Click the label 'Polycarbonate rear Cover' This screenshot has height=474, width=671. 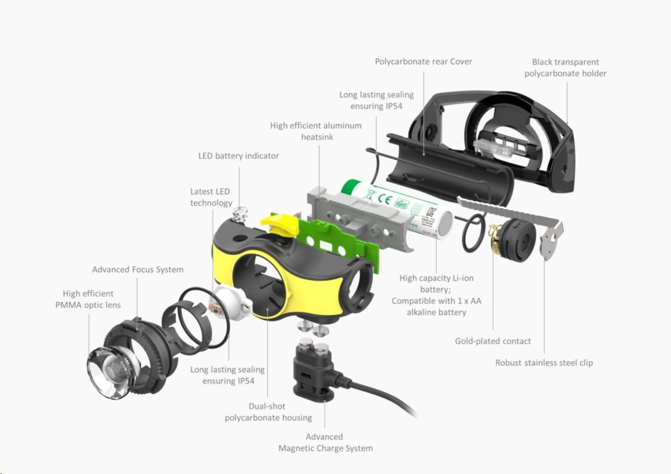coord(423,61)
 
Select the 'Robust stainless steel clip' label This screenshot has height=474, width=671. coord(544,362)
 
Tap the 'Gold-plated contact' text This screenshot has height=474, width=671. coord(493,341)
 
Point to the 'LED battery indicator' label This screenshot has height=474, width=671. coord(239,156)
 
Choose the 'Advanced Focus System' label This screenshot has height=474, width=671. coord(138,269)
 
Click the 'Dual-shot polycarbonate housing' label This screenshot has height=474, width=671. coord(268,412)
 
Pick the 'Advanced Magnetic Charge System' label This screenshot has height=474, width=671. coord(326,442)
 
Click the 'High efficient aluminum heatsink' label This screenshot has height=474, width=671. coord(316,131)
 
